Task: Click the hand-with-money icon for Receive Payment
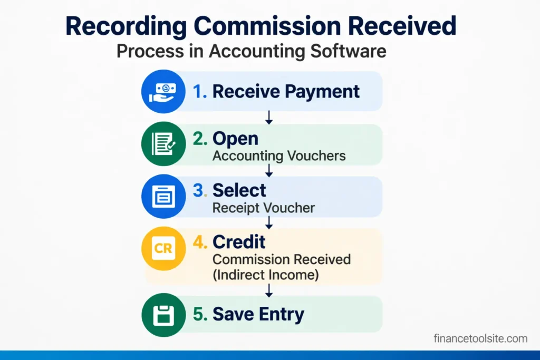(163, 91)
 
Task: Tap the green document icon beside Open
(163, 144)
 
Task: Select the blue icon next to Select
(163, 196)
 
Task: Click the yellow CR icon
(163, 248)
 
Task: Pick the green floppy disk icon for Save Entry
(163, 315)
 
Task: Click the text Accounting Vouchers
(279, 155)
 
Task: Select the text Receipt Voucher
(263, 208)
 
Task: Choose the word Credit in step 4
(239, 242)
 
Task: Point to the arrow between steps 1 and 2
(269, 117)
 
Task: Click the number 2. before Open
(200, 139)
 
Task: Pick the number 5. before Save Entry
(200, 315)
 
